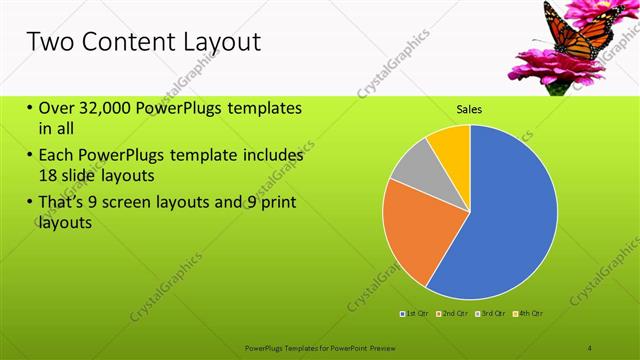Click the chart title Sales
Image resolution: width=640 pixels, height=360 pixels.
pyautogui.click(x=470, y=109)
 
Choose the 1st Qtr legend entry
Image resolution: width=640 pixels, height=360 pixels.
pyautogui.click(x=415, y=313)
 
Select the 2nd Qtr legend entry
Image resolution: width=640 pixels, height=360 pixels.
pyautogui.click(x=454, y=313)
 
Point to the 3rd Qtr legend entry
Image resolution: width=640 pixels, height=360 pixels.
pyautogui.click(x=491, y=313)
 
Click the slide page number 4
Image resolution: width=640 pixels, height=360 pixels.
pyautogui.click(x=590, y=347)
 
